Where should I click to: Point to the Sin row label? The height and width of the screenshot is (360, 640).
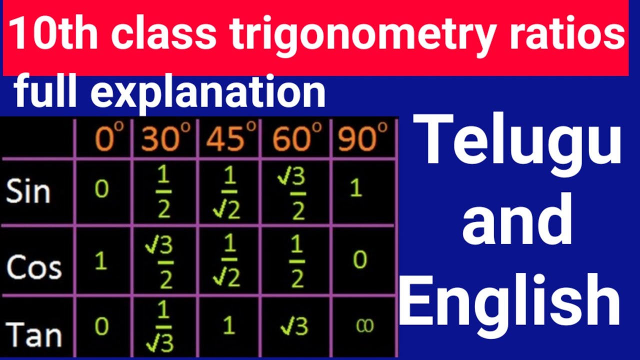(x=28, y=191)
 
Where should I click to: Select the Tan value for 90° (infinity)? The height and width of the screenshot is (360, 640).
(x=361, y=326)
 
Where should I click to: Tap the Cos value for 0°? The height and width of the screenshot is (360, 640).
(x=101, y=261)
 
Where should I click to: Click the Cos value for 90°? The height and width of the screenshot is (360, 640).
(x=359, y=260)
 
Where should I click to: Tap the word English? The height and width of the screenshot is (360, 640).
(x=509, y=302)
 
